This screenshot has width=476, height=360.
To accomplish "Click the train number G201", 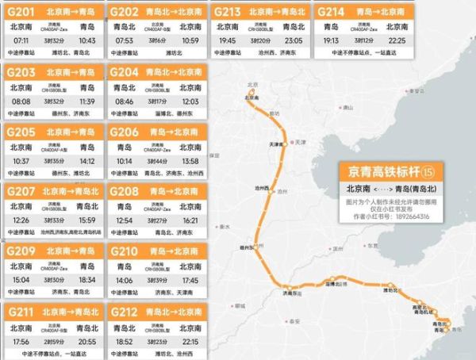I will (x=22, y=12).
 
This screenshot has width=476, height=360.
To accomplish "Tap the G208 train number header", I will (x=124, y=191).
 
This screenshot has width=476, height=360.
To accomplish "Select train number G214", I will (x=332, y=12).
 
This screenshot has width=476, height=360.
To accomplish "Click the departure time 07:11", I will (x=21, y=40).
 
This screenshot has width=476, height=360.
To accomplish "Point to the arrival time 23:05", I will (x=295, y=40).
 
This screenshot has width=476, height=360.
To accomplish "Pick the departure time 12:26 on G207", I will (x=21, y=219).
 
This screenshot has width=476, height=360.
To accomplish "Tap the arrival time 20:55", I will (x=87, y=340).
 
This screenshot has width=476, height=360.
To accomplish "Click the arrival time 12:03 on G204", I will (x=190, y=101).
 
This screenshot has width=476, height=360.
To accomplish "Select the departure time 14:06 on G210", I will (x=124, y=280).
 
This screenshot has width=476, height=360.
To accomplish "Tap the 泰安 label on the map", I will (x=295, y=320).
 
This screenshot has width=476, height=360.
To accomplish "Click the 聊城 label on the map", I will (x=240, y=304).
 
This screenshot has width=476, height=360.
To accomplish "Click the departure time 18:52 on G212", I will (x=124, y=340).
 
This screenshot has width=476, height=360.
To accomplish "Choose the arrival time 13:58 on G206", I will (x=190, y=161).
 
